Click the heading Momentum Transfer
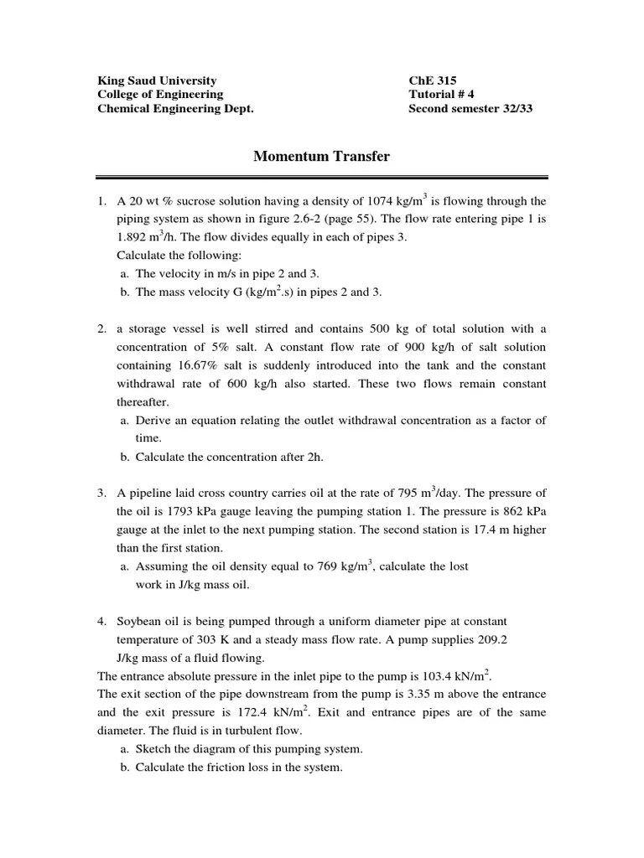[x=321, y=156]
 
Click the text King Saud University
[x=157, y=80]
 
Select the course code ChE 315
[x=433, y=80]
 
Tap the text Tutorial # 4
[x=441, y=95]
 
